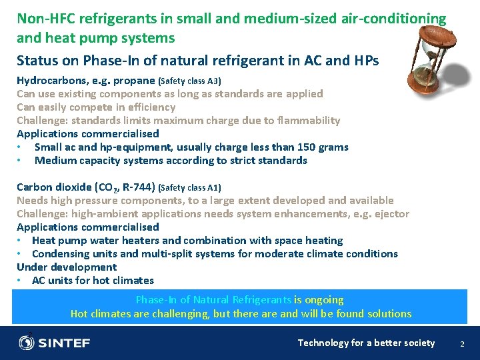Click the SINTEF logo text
pyautogui.click(x=64, y=343)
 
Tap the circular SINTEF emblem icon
pyautogui.click(x=27, y=343)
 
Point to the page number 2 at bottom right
pyautogui.click(x=462, y=343)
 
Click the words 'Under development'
pyautogui.click(x=67, y=267)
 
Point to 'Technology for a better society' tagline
pyautogui.click(x=366, y=343)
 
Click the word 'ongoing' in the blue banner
pyautogui.click(x=325, y=300)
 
